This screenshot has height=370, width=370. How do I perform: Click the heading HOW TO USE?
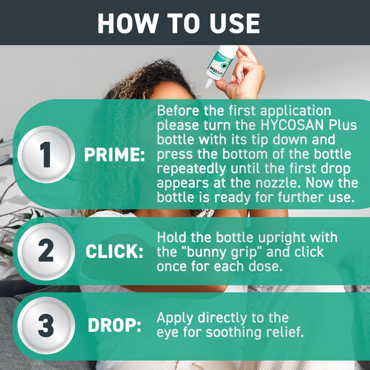coord(178,23)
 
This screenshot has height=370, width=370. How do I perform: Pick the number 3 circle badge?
coord(46,325)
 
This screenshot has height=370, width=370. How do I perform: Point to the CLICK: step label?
coord(114,252)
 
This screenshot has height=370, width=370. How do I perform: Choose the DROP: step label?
coord(114,326)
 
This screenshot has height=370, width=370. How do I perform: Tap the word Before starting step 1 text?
coord(175,110)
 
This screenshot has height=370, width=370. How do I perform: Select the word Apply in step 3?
coord(174,318)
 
